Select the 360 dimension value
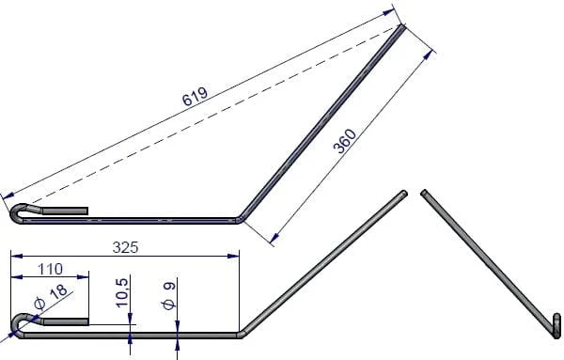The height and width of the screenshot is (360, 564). point(345,141)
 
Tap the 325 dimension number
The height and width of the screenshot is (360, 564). point(125,247)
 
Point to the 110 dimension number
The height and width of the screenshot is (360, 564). point(50,269)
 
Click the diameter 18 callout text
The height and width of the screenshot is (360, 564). point(51,297)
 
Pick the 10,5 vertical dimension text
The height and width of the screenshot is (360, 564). point(122,292)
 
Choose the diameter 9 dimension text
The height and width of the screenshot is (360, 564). point(169,296)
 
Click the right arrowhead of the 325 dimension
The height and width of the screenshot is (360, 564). point(233,256)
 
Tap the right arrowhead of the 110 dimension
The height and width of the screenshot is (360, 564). point(83,277)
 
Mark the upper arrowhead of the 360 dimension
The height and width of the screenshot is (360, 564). point(428,55)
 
